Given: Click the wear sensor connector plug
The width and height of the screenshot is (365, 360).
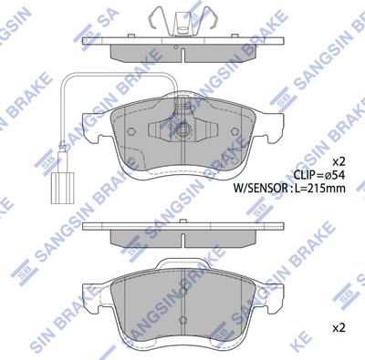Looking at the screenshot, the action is [63, 188].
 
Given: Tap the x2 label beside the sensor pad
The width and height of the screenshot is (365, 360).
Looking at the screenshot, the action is [339, 161].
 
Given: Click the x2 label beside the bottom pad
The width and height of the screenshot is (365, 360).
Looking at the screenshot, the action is [339, 328].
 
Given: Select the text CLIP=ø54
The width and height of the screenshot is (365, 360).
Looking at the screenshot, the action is [319, 175].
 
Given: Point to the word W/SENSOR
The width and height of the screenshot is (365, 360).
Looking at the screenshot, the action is [260, 189].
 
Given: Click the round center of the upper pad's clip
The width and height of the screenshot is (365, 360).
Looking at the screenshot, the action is [182, 130].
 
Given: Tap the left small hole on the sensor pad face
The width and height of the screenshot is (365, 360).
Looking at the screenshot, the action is [131, 131].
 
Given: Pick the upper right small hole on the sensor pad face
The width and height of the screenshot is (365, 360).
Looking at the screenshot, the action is [235, 131].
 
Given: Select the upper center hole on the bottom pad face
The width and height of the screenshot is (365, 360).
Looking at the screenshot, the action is [182, 292].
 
